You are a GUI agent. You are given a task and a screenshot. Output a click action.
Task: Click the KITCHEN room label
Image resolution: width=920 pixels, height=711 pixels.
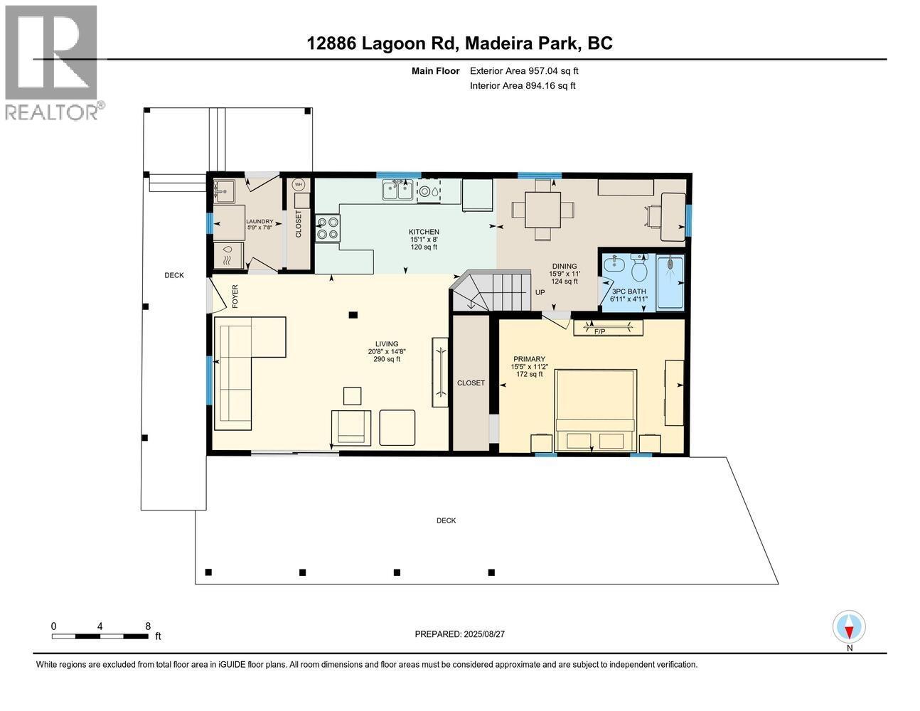[x=424, y=232]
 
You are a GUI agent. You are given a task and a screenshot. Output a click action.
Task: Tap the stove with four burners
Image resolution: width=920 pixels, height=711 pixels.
[x=328, y=228]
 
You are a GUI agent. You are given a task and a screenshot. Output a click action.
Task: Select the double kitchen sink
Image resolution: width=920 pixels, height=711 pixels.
[x=397, y=190]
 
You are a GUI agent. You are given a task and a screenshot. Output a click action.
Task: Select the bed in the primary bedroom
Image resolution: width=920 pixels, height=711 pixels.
[x=595, y=410]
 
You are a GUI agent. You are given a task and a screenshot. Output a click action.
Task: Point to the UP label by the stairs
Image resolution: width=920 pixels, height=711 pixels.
[x=540, y=292]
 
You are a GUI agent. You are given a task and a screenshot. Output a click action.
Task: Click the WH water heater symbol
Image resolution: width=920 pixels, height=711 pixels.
[x=299, y=185]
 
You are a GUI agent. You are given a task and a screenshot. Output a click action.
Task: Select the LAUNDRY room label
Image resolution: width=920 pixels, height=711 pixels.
[x=260, y=221]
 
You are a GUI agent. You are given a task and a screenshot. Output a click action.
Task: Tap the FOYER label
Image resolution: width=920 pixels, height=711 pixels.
[x=235, y=296]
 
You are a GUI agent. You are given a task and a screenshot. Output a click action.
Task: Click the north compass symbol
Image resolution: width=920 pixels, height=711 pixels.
[x=849, y=628]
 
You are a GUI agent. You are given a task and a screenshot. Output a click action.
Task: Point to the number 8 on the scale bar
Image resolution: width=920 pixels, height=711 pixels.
[x=148, y=626]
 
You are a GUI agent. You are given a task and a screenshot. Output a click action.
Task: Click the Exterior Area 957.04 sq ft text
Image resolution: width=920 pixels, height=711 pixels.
[x=524, y=70]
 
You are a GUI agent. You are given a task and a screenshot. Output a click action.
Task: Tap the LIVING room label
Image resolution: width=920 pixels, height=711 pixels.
[x=387, y=344]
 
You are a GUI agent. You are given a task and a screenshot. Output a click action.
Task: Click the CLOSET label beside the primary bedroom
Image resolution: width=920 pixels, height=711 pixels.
[x=471, y=383]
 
